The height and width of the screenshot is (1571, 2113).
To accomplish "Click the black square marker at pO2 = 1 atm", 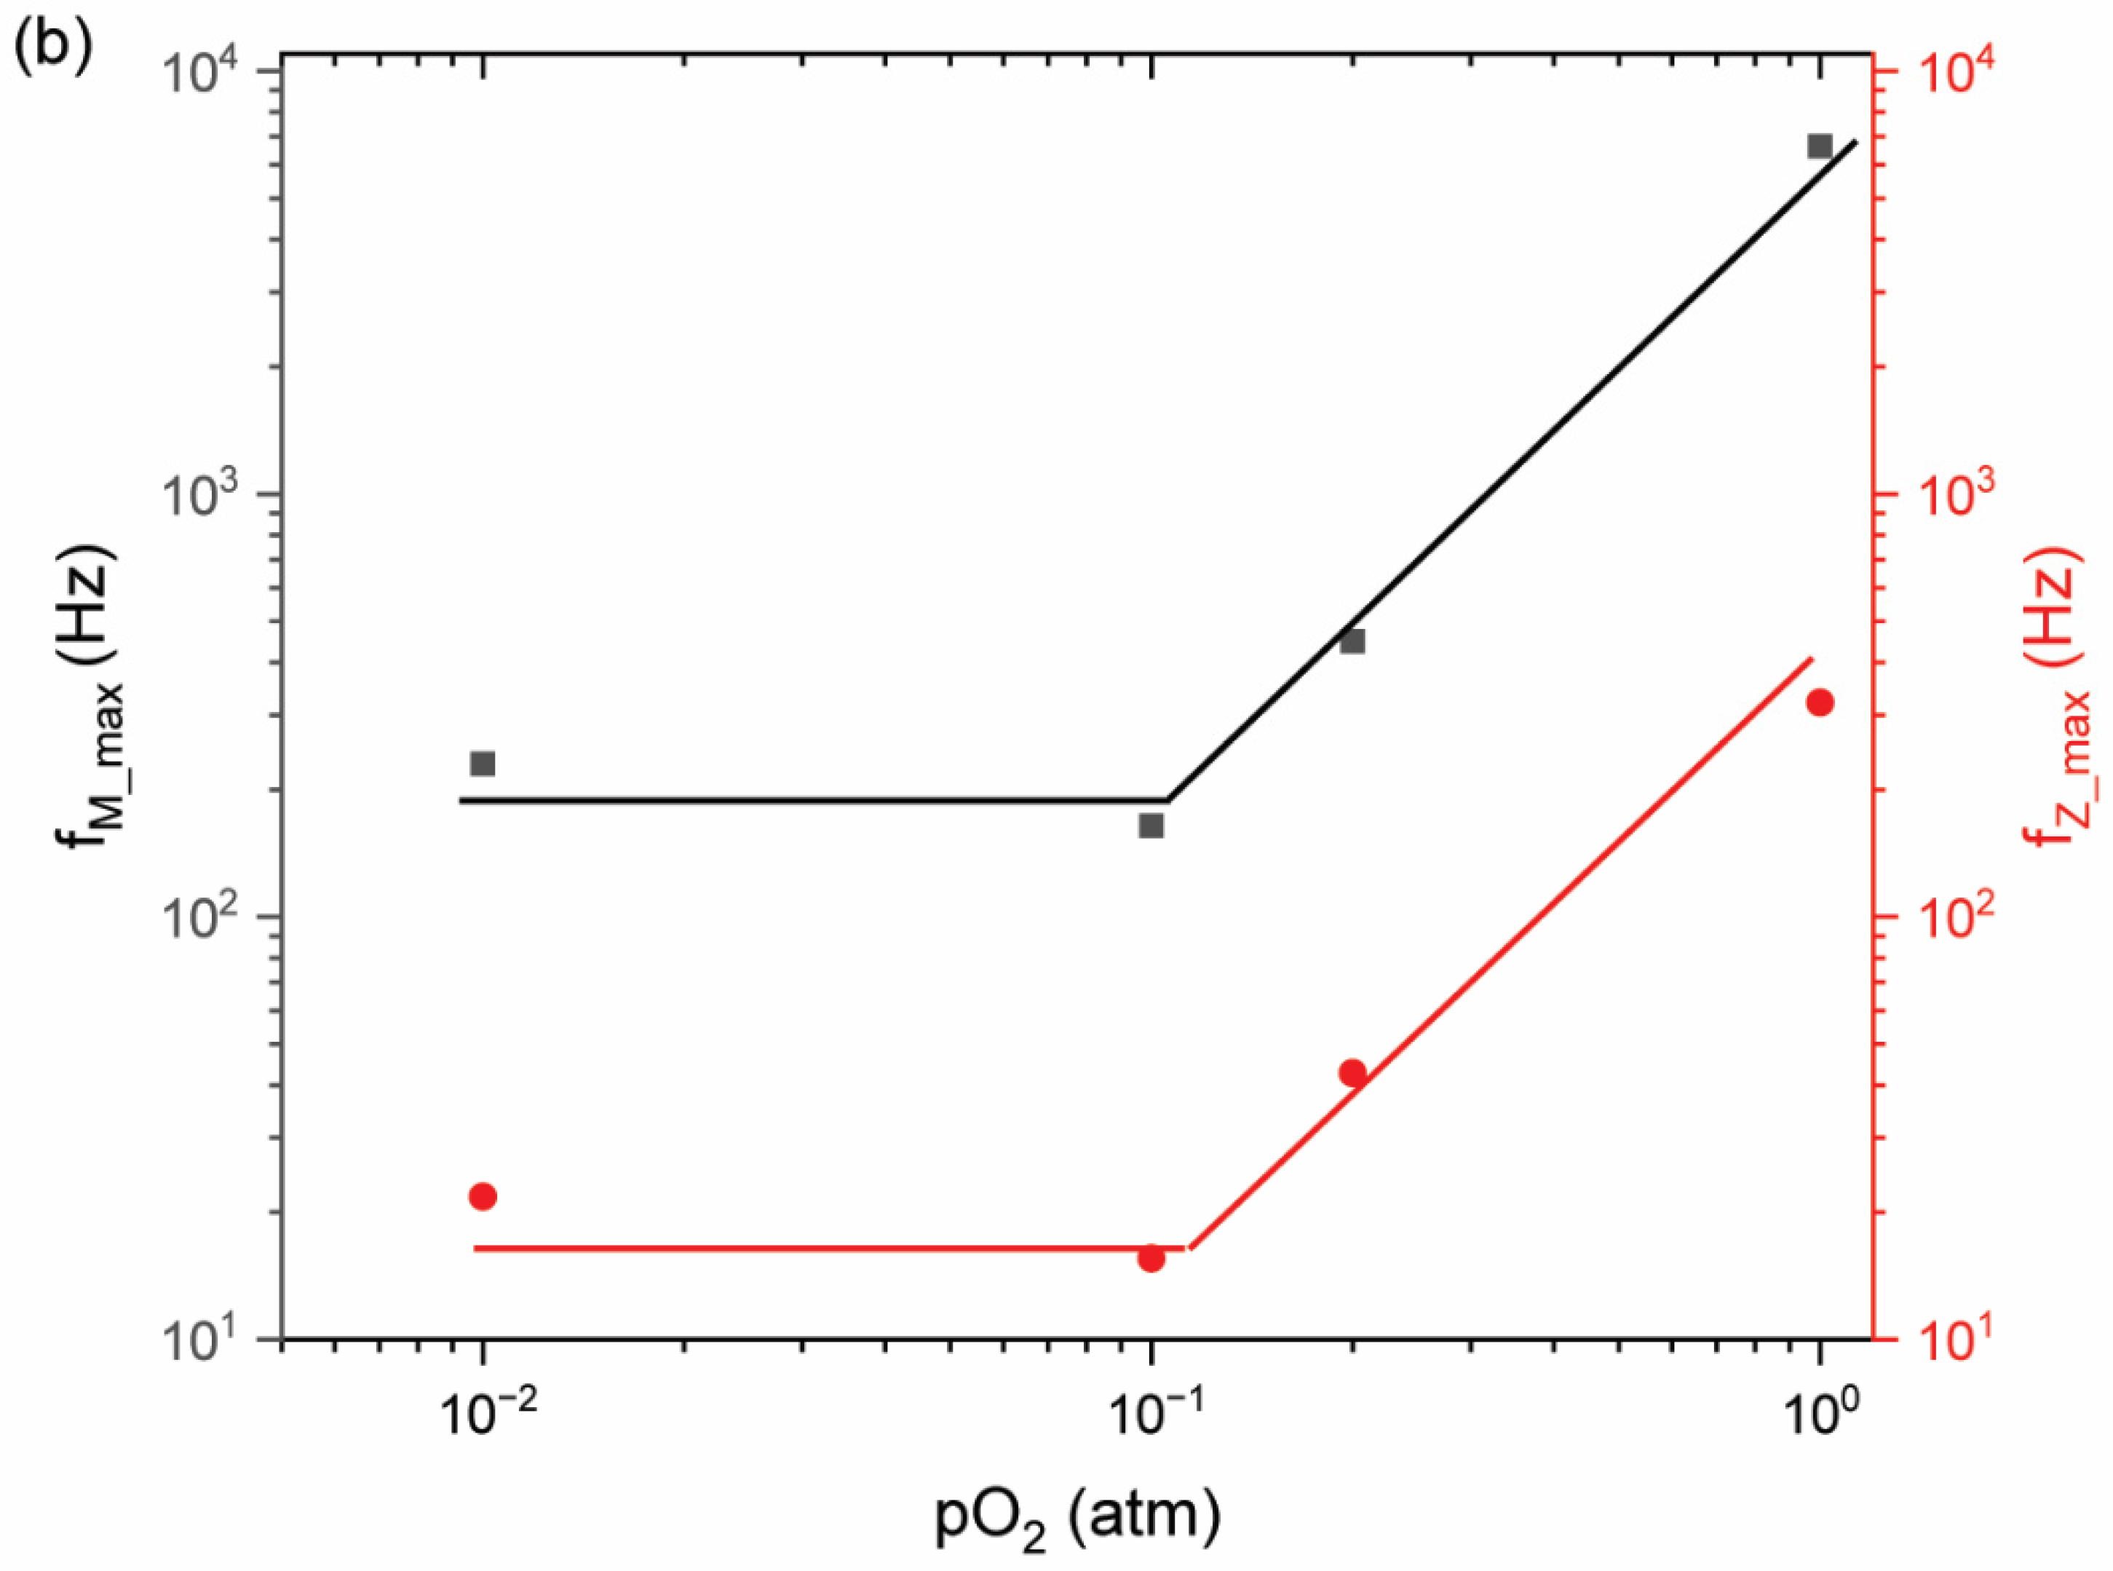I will pos(1819,146).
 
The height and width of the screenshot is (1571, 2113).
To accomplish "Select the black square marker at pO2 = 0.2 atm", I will pos(1352,641).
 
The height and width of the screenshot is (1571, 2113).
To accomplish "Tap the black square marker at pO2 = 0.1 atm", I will pos(1151,826).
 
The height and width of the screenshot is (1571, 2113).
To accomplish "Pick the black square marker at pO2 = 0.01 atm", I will pos(483,764).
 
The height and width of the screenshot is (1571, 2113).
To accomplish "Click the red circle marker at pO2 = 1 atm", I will pos(1819,703).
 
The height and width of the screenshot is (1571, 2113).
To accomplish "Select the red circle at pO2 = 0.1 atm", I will pos(1151,1258).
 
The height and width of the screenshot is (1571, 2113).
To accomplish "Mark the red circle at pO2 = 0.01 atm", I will pos(483,1196).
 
